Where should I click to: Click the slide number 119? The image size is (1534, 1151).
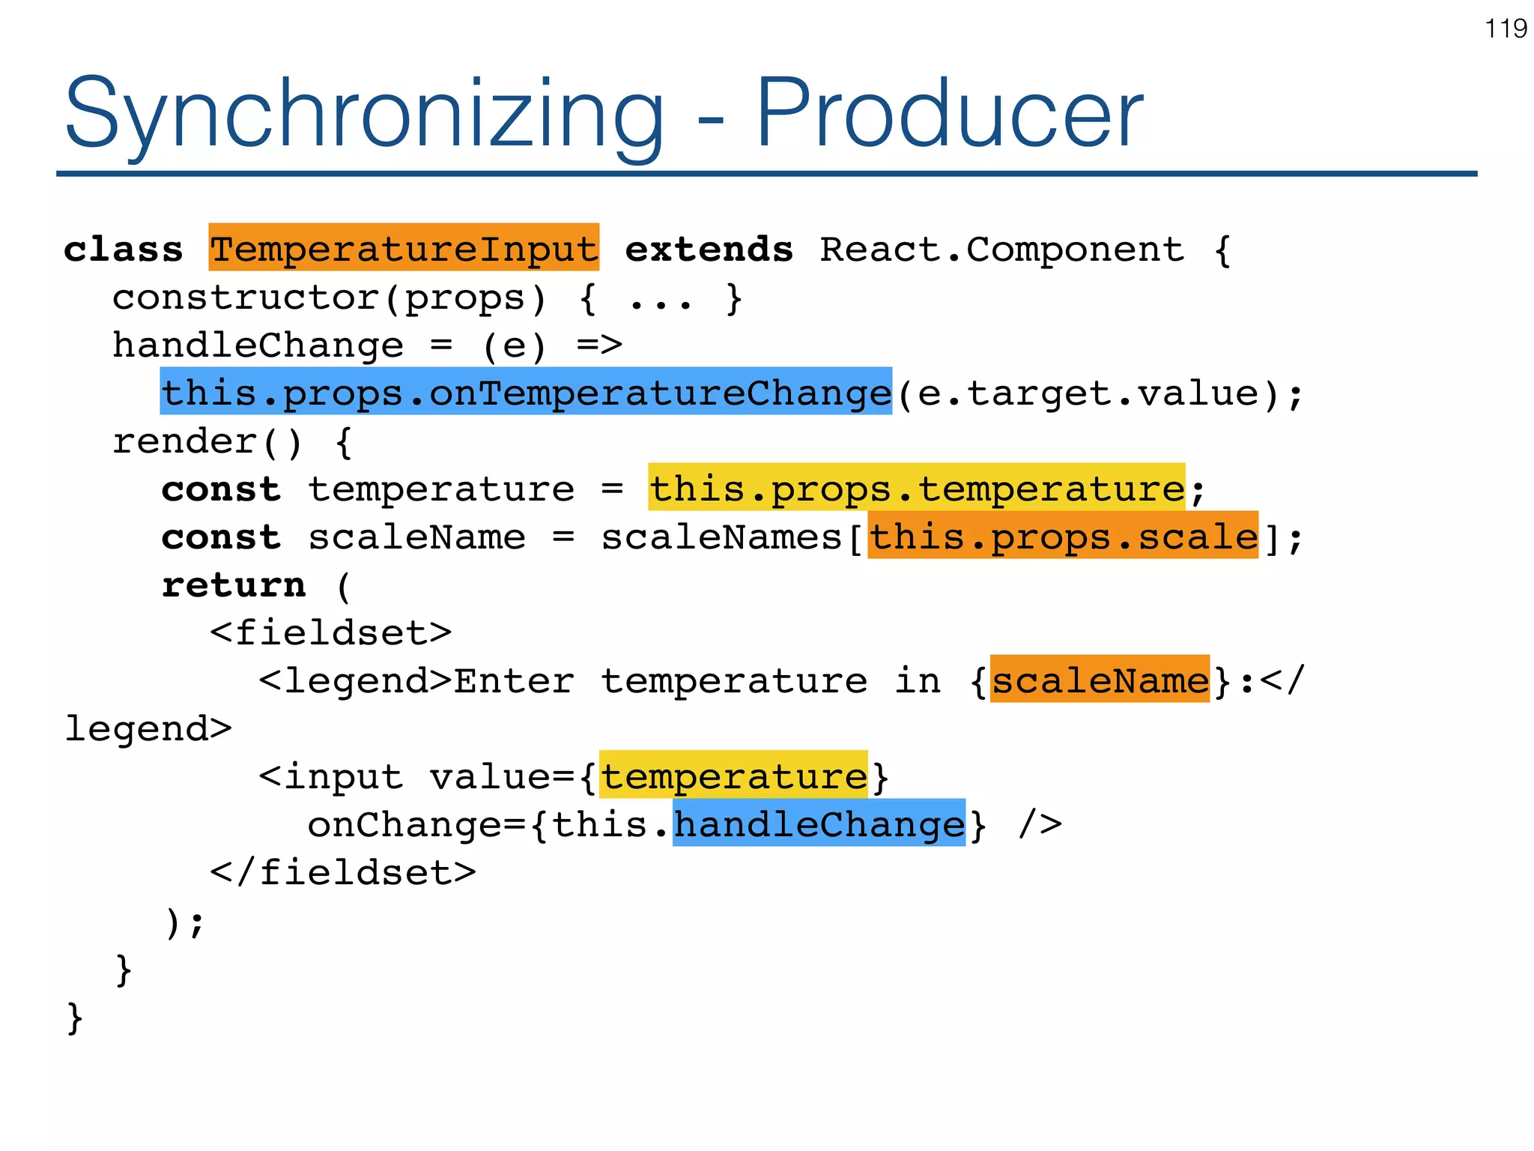tap(1506, 29)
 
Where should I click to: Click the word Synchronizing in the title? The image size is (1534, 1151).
tap(364, 114)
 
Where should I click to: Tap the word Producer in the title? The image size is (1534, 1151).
tap(949, 114)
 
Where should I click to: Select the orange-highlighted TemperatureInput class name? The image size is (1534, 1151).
tap(404, 248)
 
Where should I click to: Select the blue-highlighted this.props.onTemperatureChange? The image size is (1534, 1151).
tap(526, 392)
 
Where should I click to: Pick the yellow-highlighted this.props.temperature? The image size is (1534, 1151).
tap(916, 489)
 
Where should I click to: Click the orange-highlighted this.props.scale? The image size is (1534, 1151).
tap(1063, 537)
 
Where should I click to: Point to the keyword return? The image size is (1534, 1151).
tap(234, 585)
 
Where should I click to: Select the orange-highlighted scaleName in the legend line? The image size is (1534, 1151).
tap(1100, 680)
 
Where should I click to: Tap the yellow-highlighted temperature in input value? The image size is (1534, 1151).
tap(733, 776)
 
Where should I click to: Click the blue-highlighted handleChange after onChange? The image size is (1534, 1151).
tap(819, 824)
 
